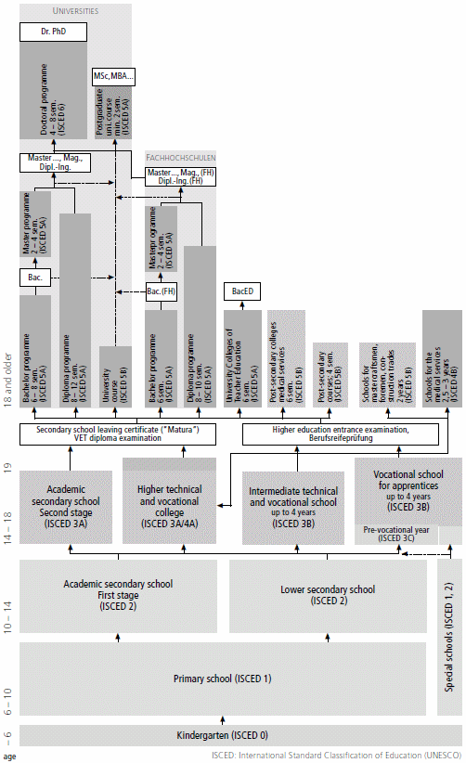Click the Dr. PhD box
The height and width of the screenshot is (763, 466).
pyautogui.click(x=52, y=32)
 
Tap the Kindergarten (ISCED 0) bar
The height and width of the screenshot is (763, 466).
pyautogui.click(x=223, y=734)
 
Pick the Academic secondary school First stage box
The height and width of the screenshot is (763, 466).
pyautogui.click(x=117, y=594)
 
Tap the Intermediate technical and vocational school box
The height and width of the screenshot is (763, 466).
pyautogui.click(x=294, y=507)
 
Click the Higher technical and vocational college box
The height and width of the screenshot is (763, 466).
pyautogui.click(x=176, y=507)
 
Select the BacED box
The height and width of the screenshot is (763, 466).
pyautogui.click(x=242, y=291)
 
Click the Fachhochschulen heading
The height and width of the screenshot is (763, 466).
pyautogui.click(x=180, y=158)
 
